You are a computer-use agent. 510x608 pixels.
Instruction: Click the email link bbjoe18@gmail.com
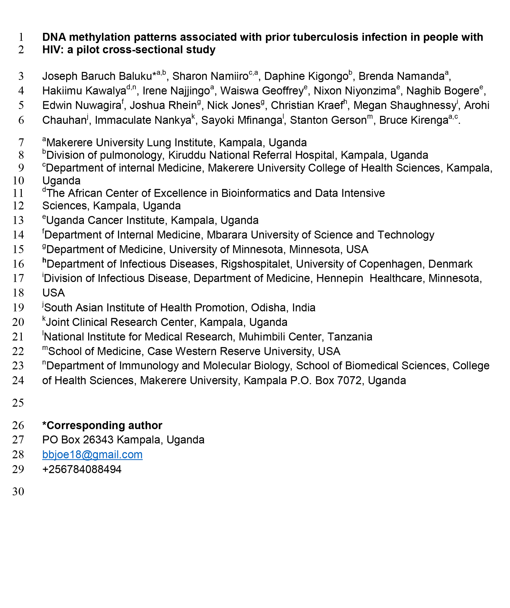tap(92, 455)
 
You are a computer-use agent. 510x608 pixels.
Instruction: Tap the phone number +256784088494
tap(82, 469)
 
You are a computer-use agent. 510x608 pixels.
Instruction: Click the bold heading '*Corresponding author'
tap(102, 425)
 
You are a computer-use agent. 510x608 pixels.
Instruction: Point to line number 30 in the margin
tap(18, 491)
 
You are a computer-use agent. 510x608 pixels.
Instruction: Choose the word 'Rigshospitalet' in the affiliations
tap(255, 264)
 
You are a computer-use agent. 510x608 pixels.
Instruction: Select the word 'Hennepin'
tap(340, 278)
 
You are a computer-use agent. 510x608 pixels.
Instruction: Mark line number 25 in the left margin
tap(18, 403)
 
